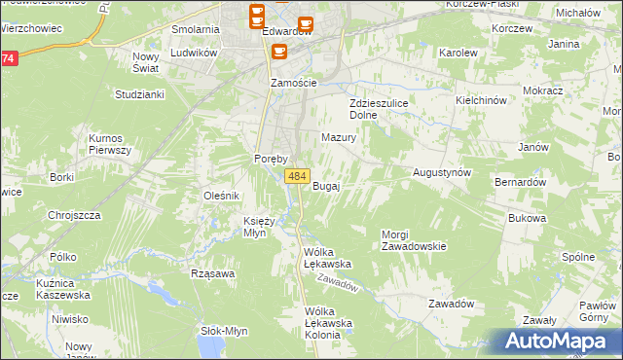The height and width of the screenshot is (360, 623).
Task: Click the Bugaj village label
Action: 325,186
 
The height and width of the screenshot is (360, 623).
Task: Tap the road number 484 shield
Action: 298,176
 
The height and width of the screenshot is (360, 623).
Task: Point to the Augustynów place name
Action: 442,171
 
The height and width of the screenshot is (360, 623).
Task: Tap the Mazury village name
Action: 339,138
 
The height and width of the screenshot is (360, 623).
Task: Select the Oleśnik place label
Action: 221,196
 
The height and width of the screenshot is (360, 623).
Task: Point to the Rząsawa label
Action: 214,273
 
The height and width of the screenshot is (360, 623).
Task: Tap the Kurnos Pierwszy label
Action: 109,144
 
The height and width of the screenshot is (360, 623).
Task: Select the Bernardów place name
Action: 519,182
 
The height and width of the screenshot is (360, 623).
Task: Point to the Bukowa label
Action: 526,219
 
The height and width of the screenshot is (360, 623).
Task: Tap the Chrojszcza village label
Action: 75,215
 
